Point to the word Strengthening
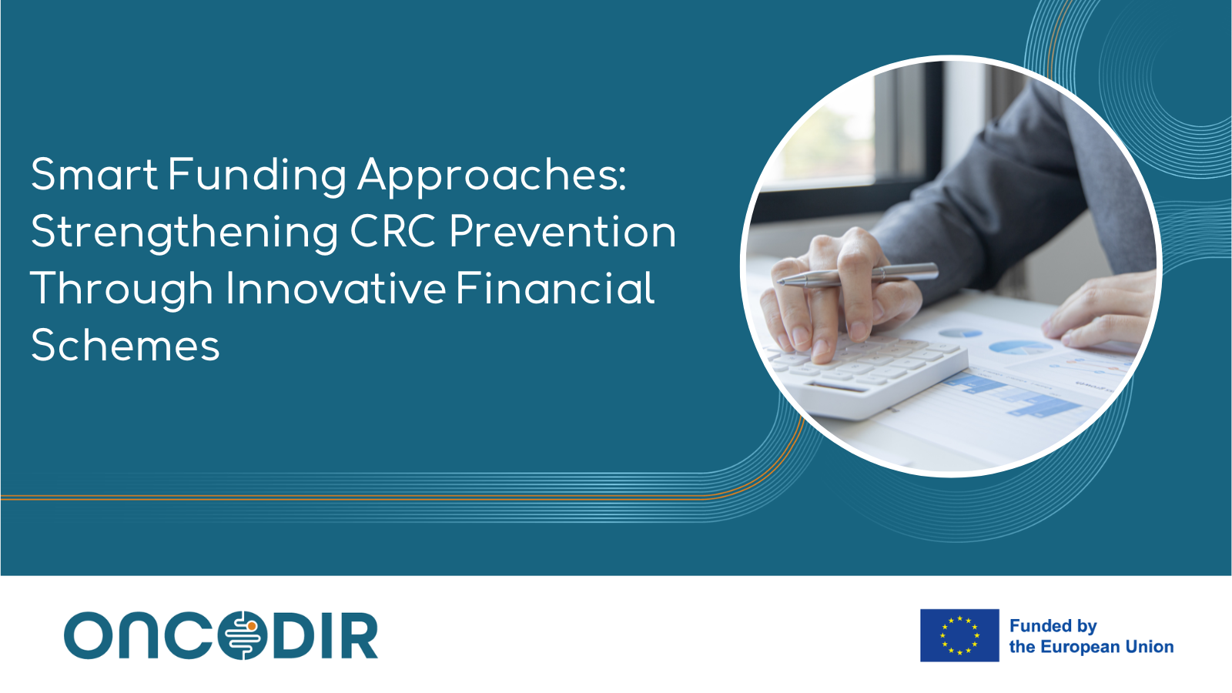[184, 233]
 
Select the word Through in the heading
[122, 290]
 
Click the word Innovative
[336, 288]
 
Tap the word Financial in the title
[555, 288]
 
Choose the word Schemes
[126, 346]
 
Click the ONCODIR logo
[221, 635]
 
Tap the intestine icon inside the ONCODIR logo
[243, 635]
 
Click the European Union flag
[959, 635]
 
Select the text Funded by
[1053, 627]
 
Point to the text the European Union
[1091, 647]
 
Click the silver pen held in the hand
[858, 275]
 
